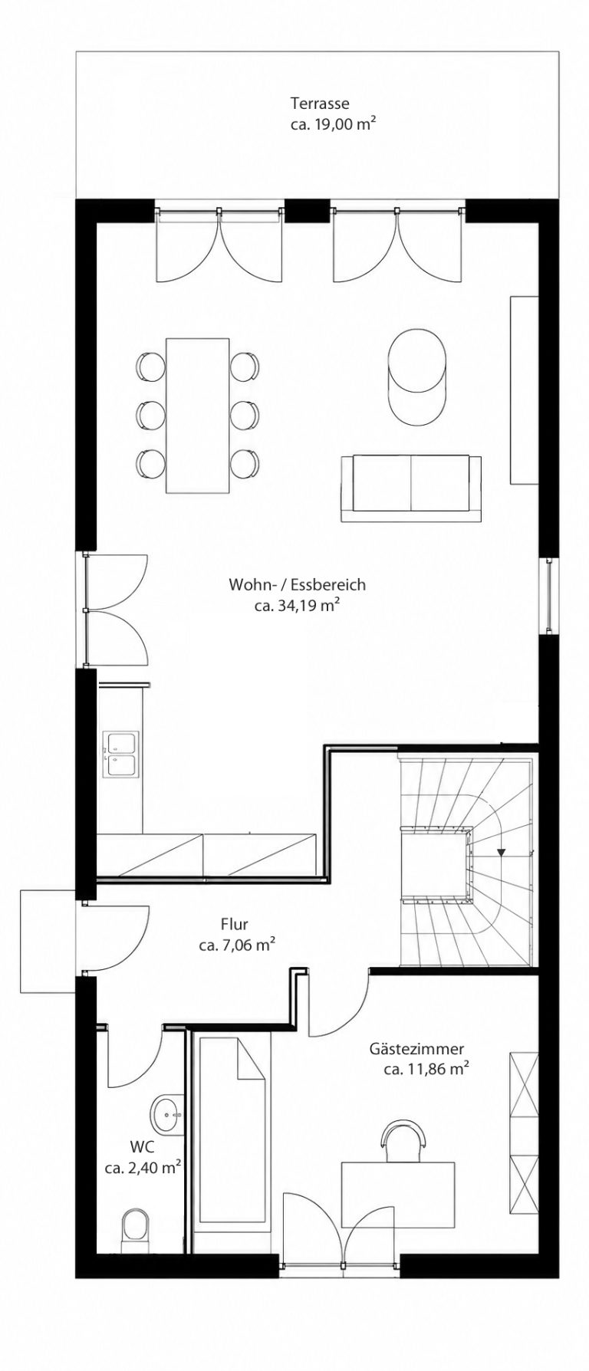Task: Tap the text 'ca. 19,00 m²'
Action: tap(332, 123)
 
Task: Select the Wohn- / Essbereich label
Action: tap(297, 585)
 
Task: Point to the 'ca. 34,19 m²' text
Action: tap(297, 607)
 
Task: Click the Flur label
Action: tap(234, 925)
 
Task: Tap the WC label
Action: tap(141, 1148)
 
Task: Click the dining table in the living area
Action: tap(197, 416)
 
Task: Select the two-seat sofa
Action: tap(411, 488)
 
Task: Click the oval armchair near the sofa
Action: tap(417, 375)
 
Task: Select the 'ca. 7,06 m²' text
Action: tap(237, 946)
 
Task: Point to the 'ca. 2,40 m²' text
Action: tap(143, 1169)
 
